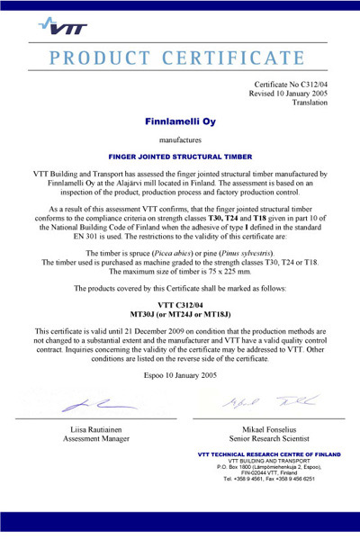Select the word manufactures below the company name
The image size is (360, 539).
coord(180,139)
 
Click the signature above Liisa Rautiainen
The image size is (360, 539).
coord(91,403)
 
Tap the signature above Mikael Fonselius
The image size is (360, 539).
coord(265,402)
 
